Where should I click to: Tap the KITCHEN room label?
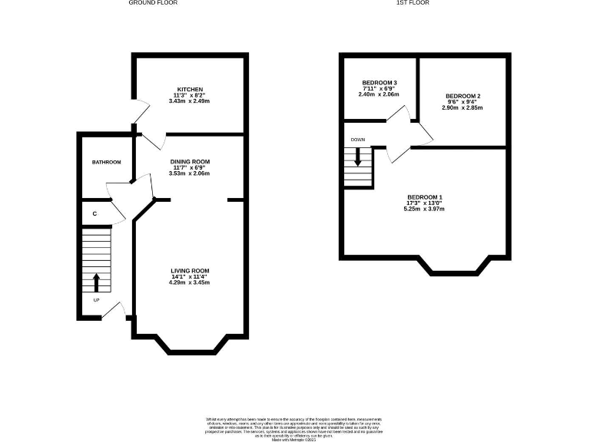pyautogui.click(x=189, y=89)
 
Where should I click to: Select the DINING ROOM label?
pyautogui.click(x=189, y=162)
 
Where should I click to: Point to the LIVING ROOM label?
pyautogui.click(x=189, y=271)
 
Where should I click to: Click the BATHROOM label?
pyautogui.click(x=107, y=163)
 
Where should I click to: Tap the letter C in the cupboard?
pyautogui.click(x=94, y=213)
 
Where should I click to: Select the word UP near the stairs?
pyautogui.click(x=96, y=300)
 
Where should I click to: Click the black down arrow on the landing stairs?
pyautogui.click(x=357, y=157)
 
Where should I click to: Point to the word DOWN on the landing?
pyautogui.click(x=357, y=140)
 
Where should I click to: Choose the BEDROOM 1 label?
pyautogui.click(x=424, y=196)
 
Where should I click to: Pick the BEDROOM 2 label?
pyautogui.click(x=462, y=96)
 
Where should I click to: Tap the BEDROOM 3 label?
pyautogui.click(x=380, y=83)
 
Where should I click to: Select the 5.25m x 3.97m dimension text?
pyautogui.click(x=424, y=209)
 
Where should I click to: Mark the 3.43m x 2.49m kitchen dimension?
pyautogui.click(x=189, y=101)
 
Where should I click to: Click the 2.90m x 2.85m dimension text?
pyautogui.click(x=462, y=108)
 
